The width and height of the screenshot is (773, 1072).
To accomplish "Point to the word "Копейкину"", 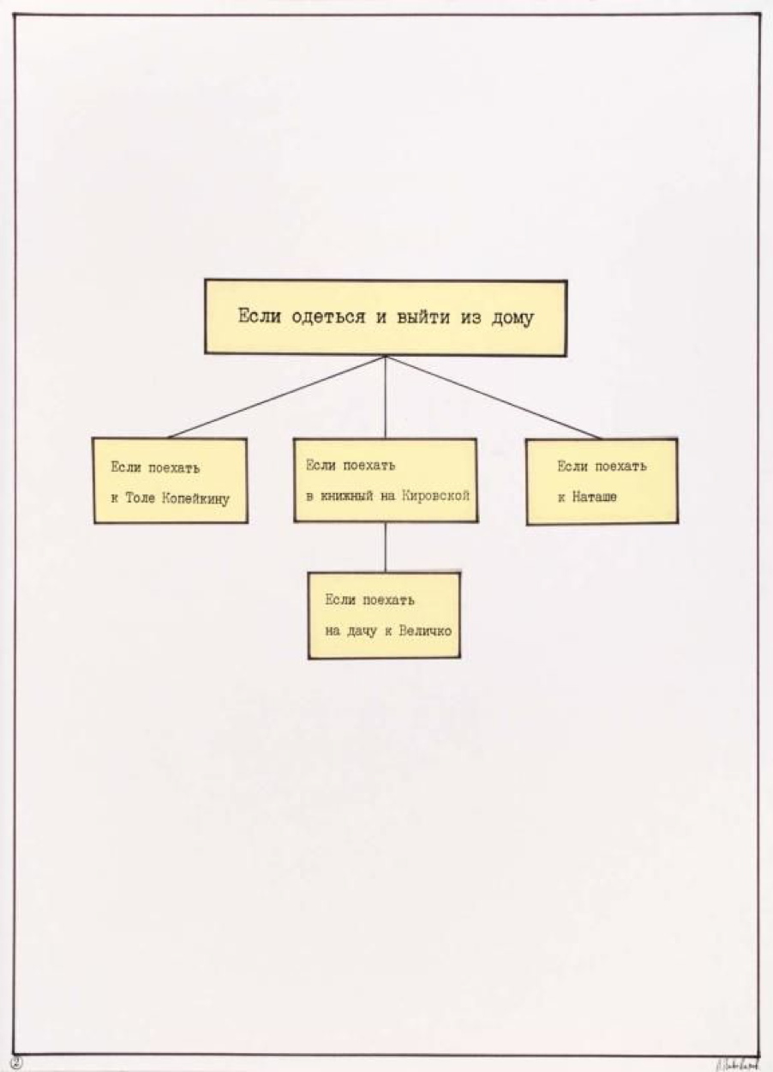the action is pos(195,498).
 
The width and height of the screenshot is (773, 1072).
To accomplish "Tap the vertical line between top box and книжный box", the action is pos(385,397).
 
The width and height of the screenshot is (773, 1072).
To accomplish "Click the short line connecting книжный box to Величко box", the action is pos(385,547).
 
